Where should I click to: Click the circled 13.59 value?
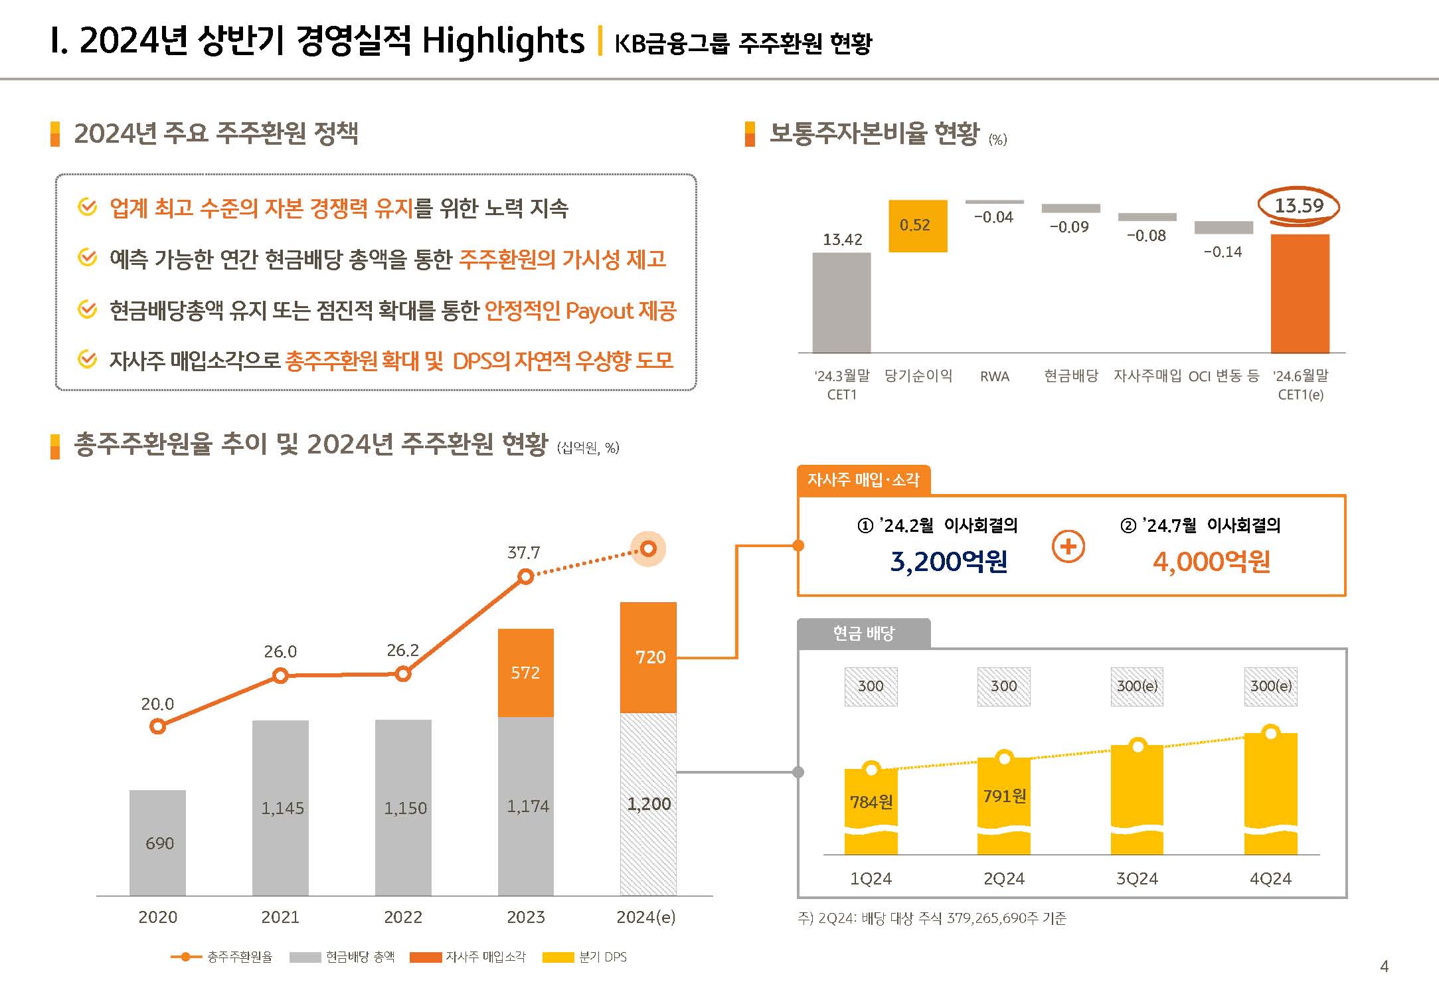tap(1299, 206)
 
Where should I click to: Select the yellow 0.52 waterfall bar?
tap(918, 226)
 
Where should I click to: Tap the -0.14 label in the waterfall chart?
tap(1223, 252)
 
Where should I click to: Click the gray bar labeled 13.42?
tap(841, 302)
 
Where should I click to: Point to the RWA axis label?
tap(994, 376)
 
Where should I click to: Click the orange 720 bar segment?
tap(649, 657)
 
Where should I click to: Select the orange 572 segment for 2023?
tap(525, 673)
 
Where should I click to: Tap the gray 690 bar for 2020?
tap(158, 843)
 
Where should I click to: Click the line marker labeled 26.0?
tap(280, 676)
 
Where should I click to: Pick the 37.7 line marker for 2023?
tap(525, 577)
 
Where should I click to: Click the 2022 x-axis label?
tap(403, 917)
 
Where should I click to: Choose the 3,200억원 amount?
tap(948, 562)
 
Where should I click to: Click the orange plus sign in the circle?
tap(1068, 546)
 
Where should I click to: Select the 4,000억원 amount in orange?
tap(1211, 562)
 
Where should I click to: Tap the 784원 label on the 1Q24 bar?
tap(871, 802)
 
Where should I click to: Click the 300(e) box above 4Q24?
tap(1270, 687)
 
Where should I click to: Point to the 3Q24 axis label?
tap(1137, 879)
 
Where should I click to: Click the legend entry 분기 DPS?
tap(602, 957)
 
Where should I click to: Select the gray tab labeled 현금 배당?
tap(863, 633)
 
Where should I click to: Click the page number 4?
tap(1384, 966)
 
